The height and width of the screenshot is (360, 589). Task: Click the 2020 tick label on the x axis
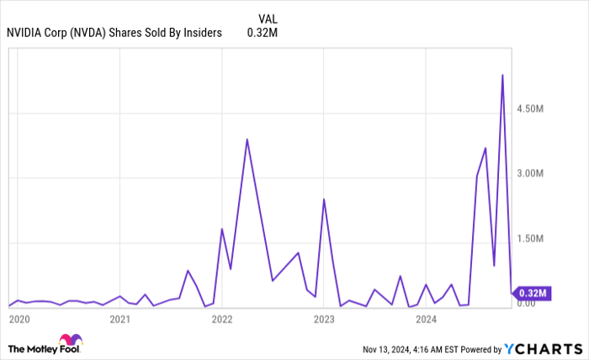point(19,319)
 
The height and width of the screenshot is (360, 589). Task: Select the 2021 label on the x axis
point(120,319)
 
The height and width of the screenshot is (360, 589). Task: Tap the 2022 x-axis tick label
point(222,319)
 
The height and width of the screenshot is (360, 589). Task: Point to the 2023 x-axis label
point(324,319)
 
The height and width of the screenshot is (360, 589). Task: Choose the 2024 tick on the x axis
point(427,319)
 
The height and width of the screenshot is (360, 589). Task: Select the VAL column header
point(268,18)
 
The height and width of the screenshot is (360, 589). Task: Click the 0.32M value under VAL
point(262,33)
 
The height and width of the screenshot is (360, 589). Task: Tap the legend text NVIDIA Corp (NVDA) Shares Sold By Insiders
point(114,33)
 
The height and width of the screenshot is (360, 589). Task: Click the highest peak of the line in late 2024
point(502,75)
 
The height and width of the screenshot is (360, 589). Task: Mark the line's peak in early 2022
point(247,140)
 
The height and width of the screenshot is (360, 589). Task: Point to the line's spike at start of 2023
point(324,199)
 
